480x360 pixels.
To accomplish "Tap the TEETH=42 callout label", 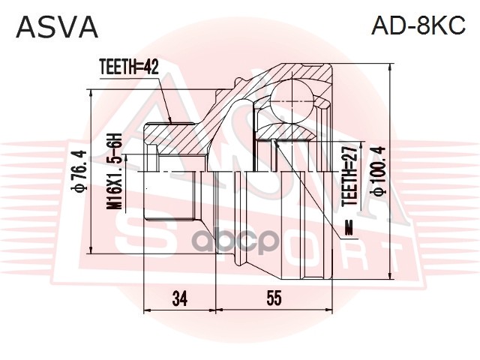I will pos(130,67).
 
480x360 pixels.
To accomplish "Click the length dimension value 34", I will pos(178,298).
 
